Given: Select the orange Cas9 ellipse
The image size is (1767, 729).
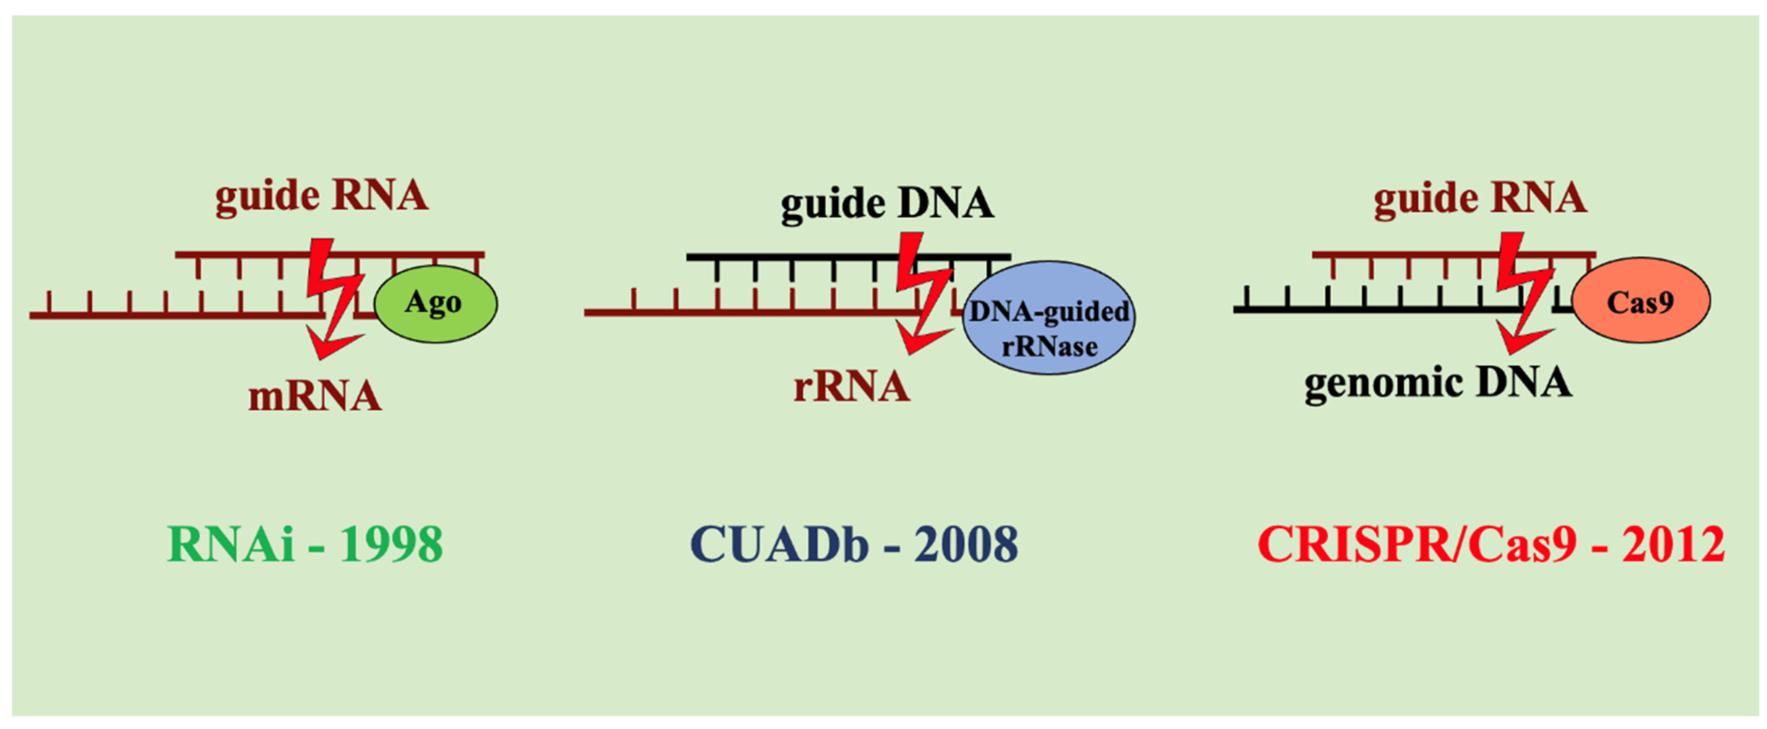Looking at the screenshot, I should [1640, 301].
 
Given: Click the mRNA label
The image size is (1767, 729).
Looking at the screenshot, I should [315, 397].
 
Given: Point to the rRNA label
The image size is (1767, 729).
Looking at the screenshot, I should [851, 386].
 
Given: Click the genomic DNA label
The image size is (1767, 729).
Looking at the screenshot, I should [1438, 383].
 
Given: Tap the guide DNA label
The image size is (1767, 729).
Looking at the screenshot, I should [887, 204].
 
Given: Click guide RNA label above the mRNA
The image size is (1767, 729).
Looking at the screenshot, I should [322, 196].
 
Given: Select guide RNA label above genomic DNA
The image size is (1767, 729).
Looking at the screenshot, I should [1480, 199].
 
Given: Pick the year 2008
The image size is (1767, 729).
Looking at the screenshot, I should [966, 545].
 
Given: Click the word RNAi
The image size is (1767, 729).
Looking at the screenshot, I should [231, 545].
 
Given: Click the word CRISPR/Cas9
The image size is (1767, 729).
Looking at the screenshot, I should [1417, 545].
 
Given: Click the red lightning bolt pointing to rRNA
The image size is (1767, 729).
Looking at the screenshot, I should [923, 292].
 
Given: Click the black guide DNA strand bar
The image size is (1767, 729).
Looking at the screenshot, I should [789, 257].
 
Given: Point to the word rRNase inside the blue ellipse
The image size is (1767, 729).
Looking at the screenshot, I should [1049, 347].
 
